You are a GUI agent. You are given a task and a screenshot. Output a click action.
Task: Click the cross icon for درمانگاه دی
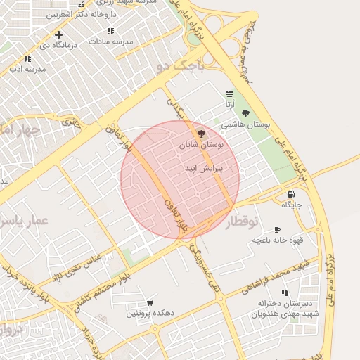point(58,35)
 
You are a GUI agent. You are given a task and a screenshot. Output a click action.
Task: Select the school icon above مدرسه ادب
point(27,59)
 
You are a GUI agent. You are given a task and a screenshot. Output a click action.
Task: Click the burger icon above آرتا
point(229,94)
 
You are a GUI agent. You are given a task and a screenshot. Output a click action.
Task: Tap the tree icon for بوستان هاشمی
point(245,112)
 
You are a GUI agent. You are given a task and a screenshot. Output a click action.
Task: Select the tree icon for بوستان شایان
point(201,133)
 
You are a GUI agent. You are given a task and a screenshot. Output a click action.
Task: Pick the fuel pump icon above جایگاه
point(291,194)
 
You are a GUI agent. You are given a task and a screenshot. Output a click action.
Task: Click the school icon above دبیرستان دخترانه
point(284,292)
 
